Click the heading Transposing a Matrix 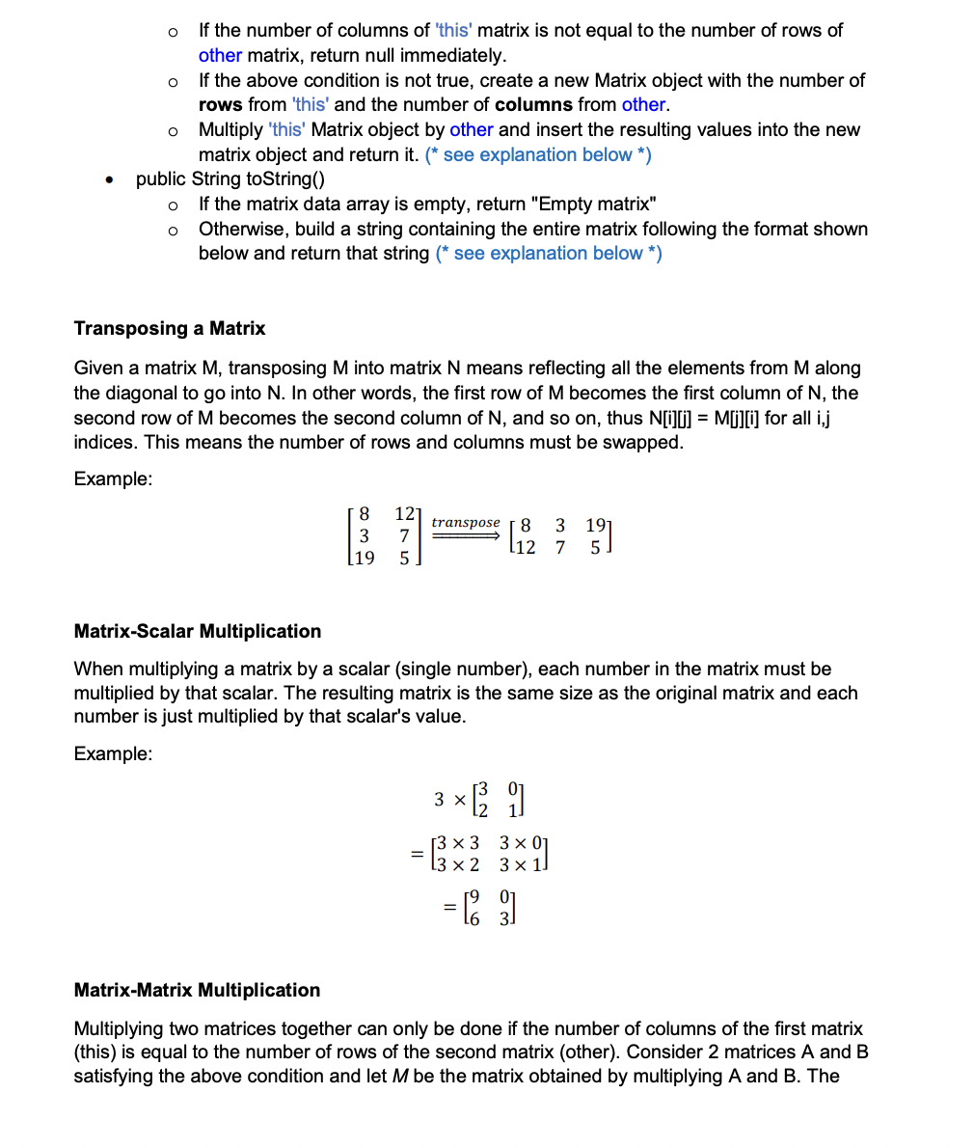coord(170,328)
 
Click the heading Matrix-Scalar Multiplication coord(198,631)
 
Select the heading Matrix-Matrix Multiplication coord(197,990)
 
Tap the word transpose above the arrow coord(466,522)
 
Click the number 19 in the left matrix coord(365,558)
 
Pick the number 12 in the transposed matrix coord(525,548)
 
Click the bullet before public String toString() coord(115,180)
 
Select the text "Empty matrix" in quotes coord(593,204)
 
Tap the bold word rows coord(221,104)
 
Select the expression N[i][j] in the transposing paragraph coord(673,418)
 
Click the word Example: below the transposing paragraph coord(113,479)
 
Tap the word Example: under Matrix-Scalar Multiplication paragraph coord(113,753)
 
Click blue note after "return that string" coord(549,253)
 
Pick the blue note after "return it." coord(538,154)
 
